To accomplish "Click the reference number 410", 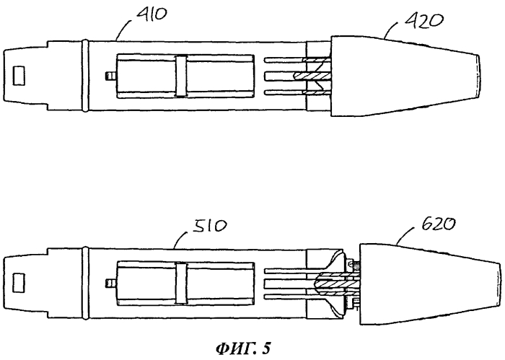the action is click(x=151, y=14).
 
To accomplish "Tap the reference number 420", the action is click(x=423, y=21).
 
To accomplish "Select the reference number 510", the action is click(x=210, y=226).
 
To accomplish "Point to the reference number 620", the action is click(x=439, y=224).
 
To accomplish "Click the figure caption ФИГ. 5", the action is click(x=244, y=348).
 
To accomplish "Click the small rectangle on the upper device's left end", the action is click(x=19, y=75).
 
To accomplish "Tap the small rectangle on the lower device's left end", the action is click(x=19, y=282).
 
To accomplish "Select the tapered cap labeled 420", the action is click(x=405, y=76).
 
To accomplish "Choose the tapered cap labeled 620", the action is click(x=430, y=284).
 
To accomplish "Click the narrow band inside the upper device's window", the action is click(x=181, y=76).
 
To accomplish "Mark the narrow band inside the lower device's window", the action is click(x=181, y=283).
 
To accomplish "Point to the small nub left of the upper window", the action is click(x=110, y=76).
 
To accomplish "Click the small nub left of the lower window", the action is click(x=110, y=283).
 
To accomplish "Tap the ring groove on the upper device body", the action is click(x=85, y=76).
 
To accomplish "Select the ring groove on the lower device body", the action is click(x=85, y=283).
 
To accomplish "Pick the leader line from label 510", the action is click(x=180, y=238).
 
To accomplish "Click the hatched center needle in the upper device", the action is click(x=312, y=76).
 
